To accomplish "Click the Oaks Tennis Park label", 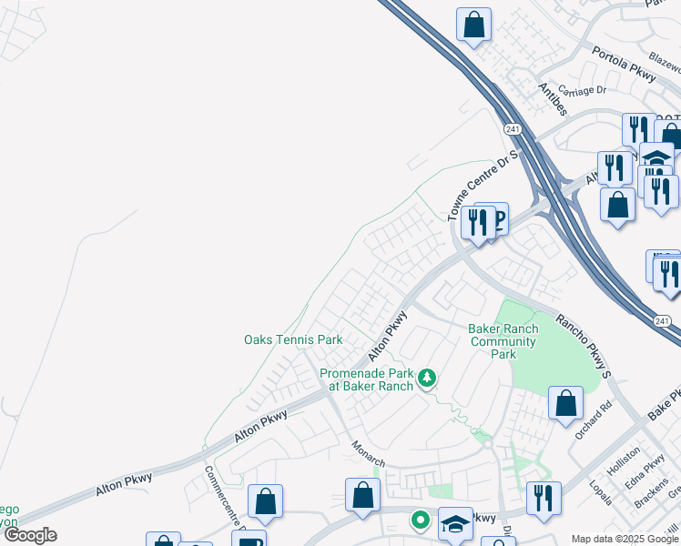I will (x=293, y=340).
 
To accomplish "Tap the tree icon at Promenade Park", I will (x=425, y=378).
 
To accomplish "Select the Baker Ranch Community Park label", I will (x=503, y=341).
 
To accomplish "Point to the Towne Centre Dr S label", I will (x=483, y=186).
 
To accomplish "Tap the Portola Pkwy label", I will (x=624, y=64).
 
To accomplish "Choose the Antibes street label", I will (x=553, y=99).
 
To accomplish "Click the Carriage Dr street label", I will (x=582, y=90).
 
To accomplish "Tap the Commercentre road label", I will (x=221, y=491).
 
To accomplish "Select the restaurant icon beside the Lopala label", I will (x=544, y=498).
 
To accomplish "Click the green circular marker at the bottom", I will (x=420, y=521).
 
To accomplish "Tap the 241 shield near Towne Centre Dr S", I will (x=513, y=130).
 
